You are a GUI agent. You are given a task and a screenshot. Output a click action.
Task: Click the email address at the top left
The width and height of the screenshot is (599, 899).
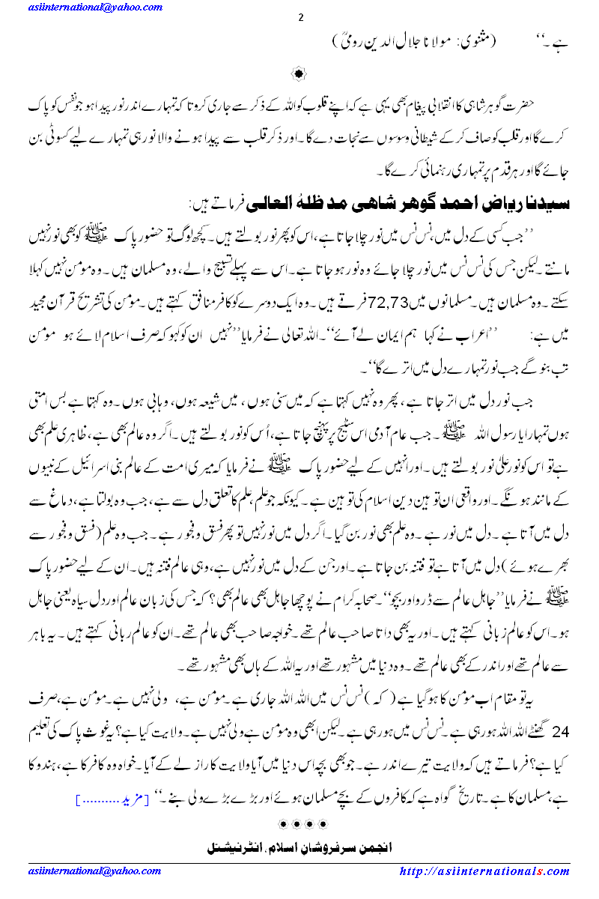click(95, 7)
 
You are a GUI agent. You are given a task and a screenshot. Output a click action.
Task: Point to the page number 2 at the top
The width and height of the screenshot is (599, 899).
click(299, 19)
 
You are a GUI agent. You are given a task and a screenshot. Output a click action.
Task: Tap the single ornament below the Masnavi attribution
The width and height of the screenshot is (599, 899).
click(299, 73)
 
